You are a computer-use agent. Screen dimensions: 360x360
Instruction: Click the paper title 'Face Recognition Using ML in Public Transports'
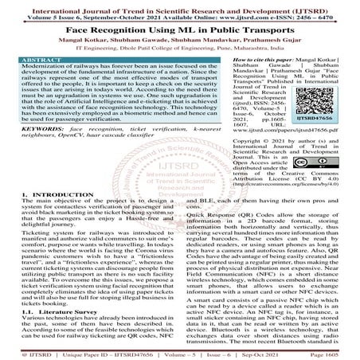[179, 24]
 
